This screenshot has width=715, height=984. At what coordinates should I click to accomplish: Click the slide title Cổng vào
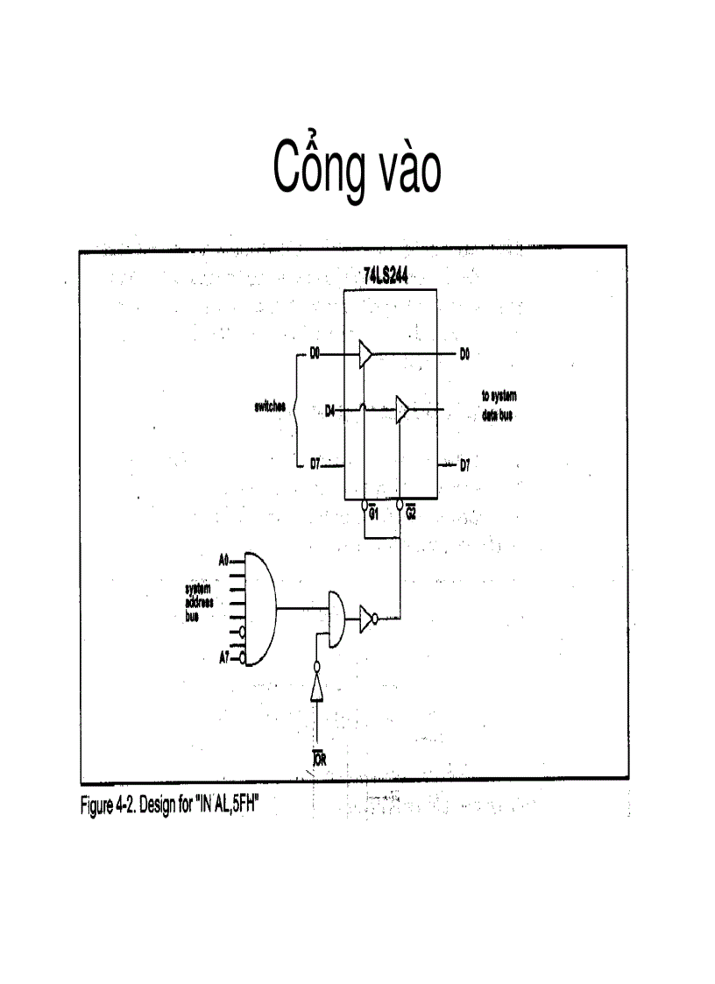click(x=357, y=168)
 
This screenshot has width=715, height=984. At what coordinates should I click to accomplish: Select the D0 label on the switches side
click(x=315, y=354)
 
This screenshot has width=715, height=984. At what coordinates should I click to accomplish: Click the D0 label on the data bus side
click(x=464, y=354)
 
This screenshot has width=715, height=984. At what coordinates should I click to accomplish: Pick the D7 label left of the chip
click(x=315, y=465)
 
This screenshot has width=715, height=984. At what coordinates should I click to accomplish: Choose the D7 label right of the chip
click(x=464, y=465)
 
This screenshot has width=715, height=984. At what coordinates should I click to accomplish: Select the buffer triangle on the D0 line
click(x=365, y=354)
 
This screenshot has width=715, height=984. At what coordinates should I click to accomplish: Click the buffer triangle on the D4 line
click(x=402, y=409)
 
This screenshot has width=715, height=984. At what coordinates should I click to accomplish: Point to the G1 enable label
click(x=372, y=512)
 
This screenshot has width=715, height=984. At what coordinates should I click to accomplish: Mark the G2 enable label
click(x=410, y=512)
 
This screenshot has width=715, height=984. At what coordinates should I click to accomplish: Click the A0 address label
click(x=223, y=558)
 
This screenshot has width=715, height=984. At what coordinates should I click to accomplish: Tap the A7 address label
click(x=223, y=657)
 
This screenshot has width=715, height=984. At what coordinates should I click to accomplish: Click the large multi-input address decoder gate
click(x=259, y=607)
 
